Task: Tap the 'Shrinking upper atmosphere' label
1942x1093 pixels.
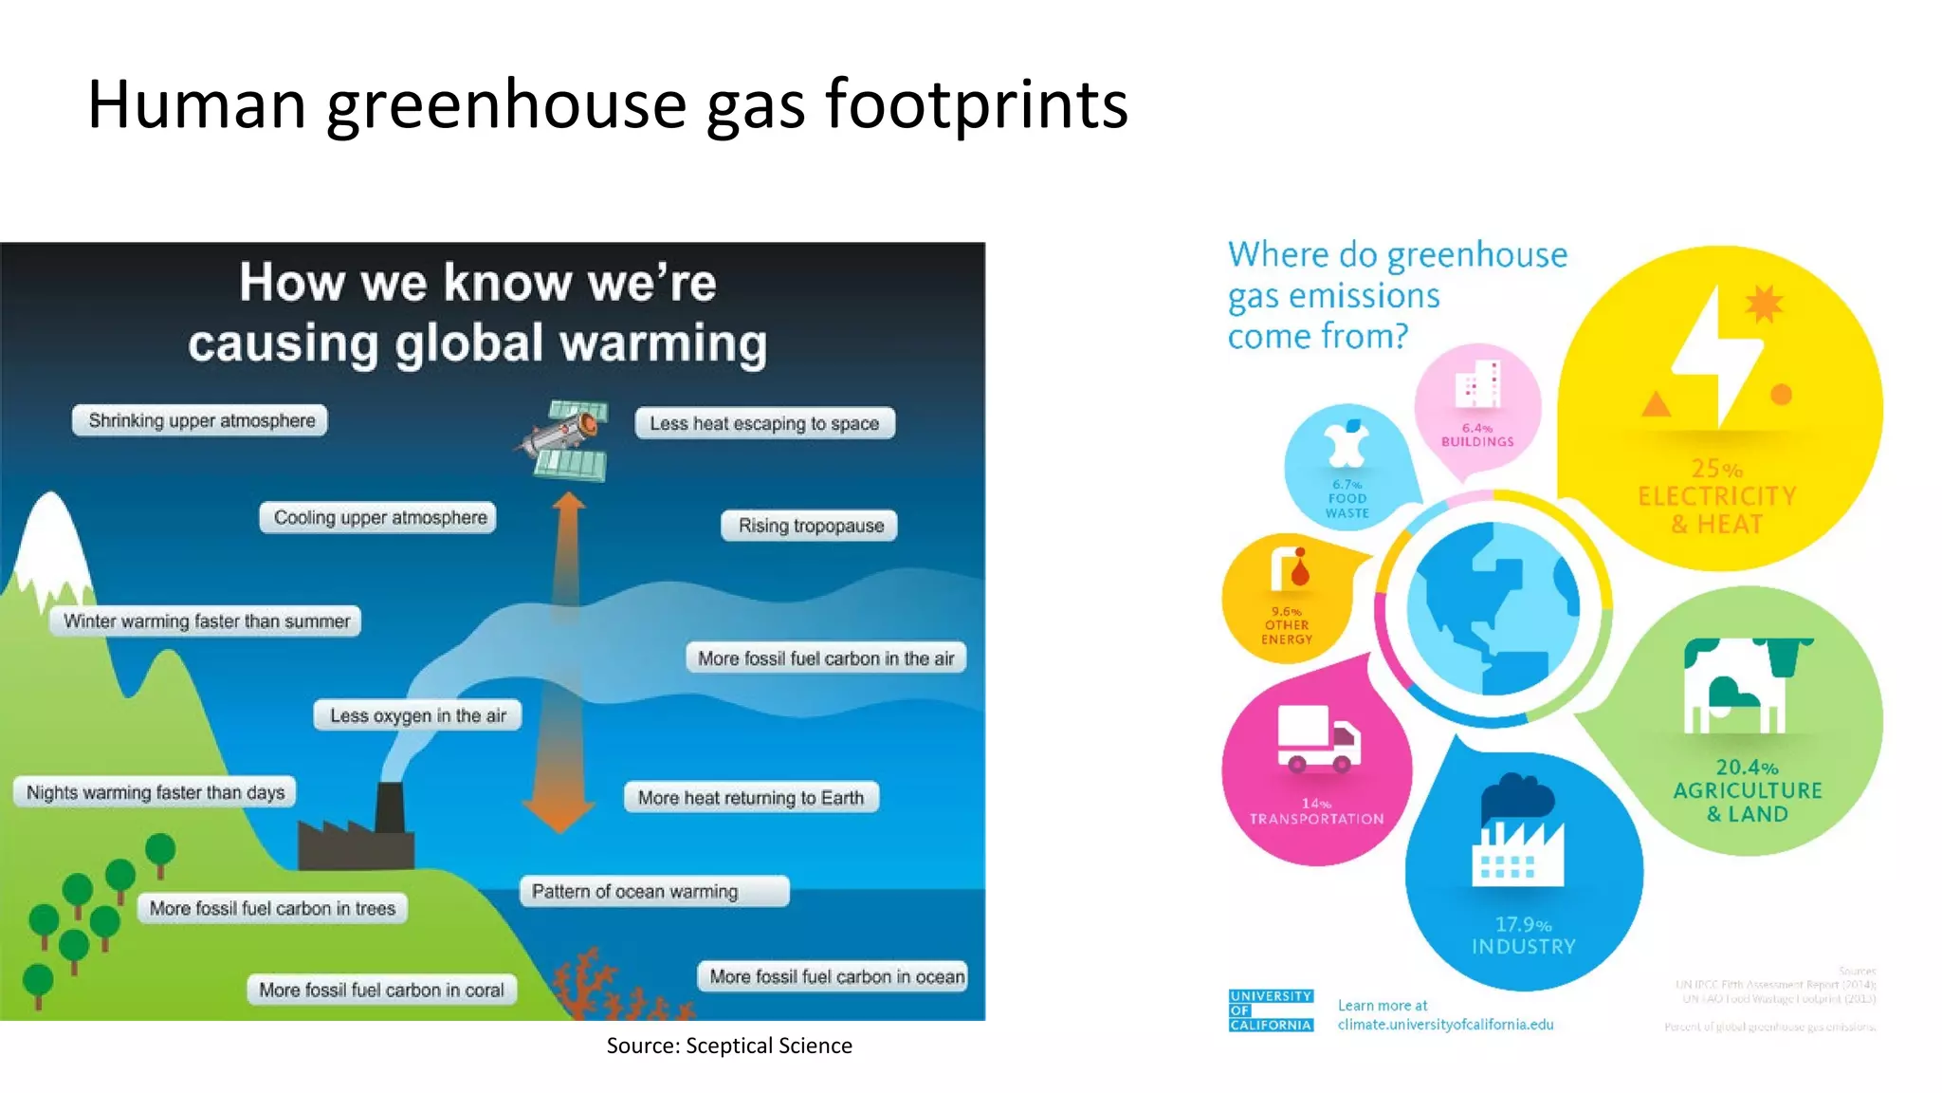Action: click(x=200, y=420)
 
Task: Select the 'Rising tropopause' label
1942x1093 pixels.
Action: click(x=810, y=526)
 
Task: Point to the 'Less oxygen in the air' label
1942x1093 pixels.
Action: click(x=417, y=715)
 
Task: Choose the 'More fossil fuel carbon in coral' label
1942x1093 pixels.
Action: click(x=381, y=990)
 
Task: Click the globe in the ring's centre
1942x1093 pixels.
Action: click(x=1493, y=608)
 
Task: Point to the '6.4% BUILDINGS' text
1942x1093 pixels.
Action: click(x=1477, y=435)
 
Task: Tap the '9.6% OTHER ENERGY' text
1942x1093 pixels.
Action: click(x=1287, y=625)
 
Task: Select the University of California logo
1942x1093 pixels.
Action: click(x=1271, y=1010)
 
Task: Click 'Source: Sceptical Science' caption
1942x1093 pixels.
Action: click(x=729, y=1046)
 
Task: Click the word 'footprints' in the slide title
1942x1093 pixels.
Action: click(x=977, y=104)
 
